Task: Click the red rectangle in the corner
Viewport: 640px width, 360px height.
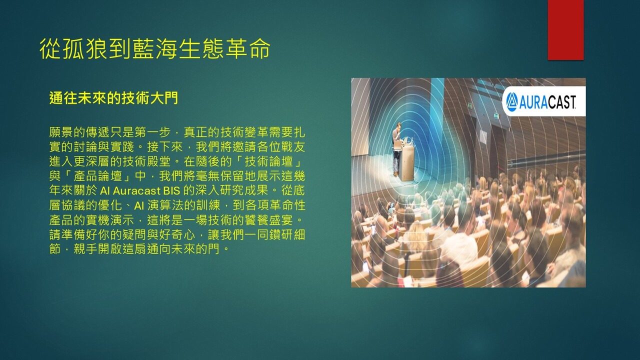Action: pyautogui.click(x=565, y=30)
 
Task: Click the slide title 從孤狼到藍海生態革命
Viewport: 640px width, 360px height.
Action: pyautogui.click(x=155, y=49)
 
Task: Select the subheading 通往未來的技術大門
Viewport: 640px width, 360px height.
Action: pyautogui.click(x=113, y=98)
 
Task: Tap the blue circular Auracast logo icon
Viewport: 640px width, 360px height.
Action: pyautogui.click(x=511, y=101)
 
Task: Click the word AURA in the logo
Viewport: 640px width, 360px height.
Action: pyautogui.click(x=533, y=102)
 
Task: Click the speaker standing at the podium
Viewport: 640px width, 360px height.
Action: pyautogui.click(x=396, y=148)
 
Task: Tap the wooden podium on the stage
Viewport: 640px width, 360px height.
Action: pyautogui.click(x=407, y=163)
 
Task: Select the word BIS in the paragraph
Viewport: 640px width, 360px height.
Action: pyautogui.click(x=171, y=190)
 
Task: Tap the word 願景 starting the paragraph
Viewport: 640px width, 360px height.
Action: pyautogui.click(x=61, y=132)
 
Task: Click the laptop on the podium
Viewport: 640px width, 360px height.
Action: pyautogui.click(x=406, y=140)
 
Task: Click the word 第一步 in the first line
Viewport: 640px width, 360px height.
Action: pyautogui.click(x=153, y=132)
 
